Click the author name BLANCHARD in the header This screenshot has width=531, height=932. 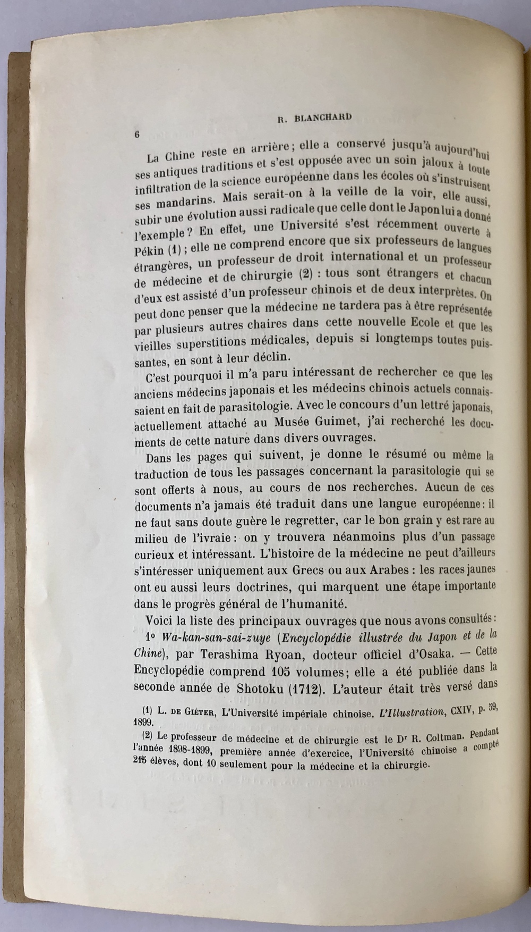click(323, 117)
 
